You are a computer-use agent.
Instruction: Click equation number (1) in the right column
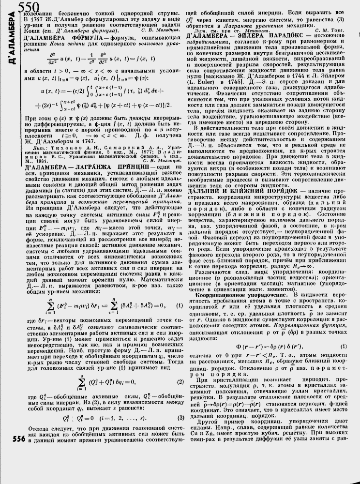(344, 347)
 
